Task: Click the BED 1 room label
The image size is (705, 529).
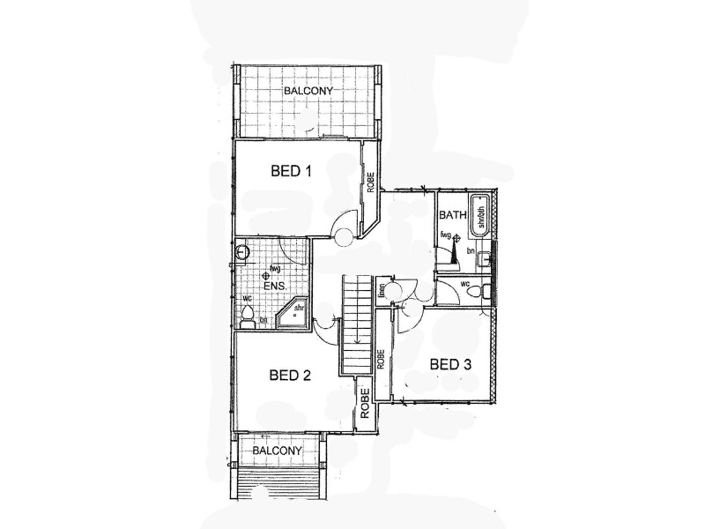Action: (x=291, y=172)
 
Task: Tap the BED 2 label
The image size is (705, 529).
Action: (x=290, y=376)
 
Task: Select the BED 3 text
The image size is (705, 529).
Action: (x=450, y=363)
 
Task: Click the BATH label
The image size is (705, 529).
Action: (x=452, y=214)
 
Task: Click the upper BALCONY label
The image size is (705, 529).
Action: (x=307, y=91)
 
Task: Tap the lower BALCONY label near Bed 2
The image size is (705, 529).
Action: (x=278, y=451)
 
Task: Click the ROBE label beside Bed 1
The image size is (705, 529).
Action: (x=371, y=182)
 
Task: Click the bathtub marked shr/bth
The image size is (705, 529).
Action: (x=479, y=215)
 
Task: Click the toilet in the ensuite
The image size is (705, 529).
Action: (x=248, y=315)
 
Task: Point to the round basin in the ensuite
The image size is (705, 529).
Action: (x=242, y=254)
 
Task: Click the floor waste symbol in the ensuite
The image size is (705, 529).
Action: (x=266, y=276)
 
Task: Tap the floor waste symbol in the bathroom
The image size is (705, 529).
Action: (x=457, y=238)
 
